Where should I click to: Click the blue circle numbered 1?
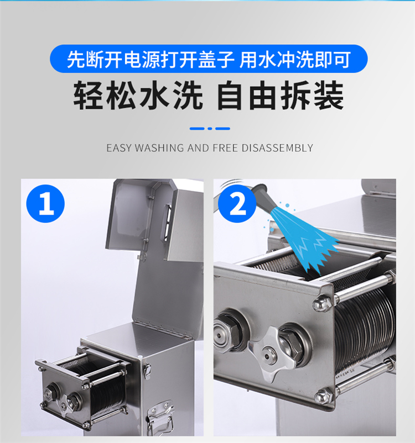45,203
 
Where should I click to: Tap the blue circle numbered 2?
237,203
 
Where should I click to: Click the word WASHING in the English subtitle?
159,148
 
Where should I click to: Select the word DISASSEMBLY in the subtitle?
277,148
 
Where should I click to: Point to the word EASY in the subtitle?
119,148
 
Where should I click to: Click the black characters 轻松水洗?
138,95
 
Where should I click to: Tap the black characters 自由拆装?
280,95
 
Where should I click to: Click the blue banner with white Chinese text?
209,59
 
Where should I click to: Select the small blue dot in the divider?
210,129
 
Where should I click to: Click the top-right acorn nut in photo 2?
322,304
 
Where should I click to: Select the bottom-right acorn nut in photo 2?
324,396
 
